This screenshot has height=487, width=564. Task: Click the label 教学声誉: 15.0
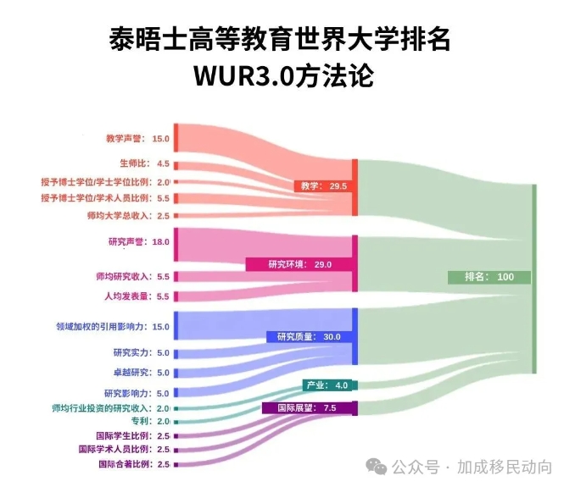pyautogui.click(x=137, y=139)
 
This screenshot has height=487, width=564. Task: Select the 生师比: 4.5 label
pyautogui.click(x=144, y=163)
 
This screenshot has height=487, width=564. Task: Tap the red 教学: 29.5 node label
pyautogui.click(x=323, y=186)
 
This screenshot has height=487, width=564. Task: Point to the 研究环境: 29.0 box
pyautogui.click(x=299, y=264)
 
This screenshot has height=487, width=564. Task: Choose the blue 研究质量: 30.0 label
pyautogui.click(x=310, y=337)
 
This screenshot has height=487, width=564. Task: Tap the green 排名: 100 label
pyautogui.click(x=489, y=277)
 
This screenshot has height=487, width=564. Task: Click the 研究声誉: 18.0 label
pyautogui.click(x=139, y=242)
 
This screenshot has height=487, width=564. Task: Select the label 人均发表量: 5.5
pyautogui.click(x=137, y=296)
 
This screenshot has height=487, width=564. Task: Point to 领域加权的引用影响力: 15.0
pyautogui.click(x=113, y=327)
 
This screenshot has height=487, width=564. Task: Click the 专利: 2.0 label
pyautogui.click(x=150, y=421)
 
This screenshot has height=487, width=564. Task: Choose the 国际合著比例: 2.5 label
pyautogui.click(x=134, y=464)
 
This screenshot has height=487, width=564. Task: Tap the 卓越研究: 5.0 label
pyautogui.click(x=142, y=373)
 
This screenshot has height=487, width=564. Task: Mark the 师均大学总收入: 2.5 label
pyautogui.click(x=128, y=216)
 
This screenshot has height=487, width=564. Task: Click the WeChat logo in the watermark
pyautogui.click(x=377, y=468)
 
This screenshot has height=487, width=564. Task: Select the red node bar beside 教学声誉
pyautogui.click(x=176, y=138)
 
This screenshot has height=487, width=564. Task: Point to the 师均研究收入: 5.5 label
pyautogui.click(x=132, y=277)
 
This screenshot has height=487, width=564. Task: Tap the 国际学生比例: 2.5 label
pyautogui.click(x=132, y=436)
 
